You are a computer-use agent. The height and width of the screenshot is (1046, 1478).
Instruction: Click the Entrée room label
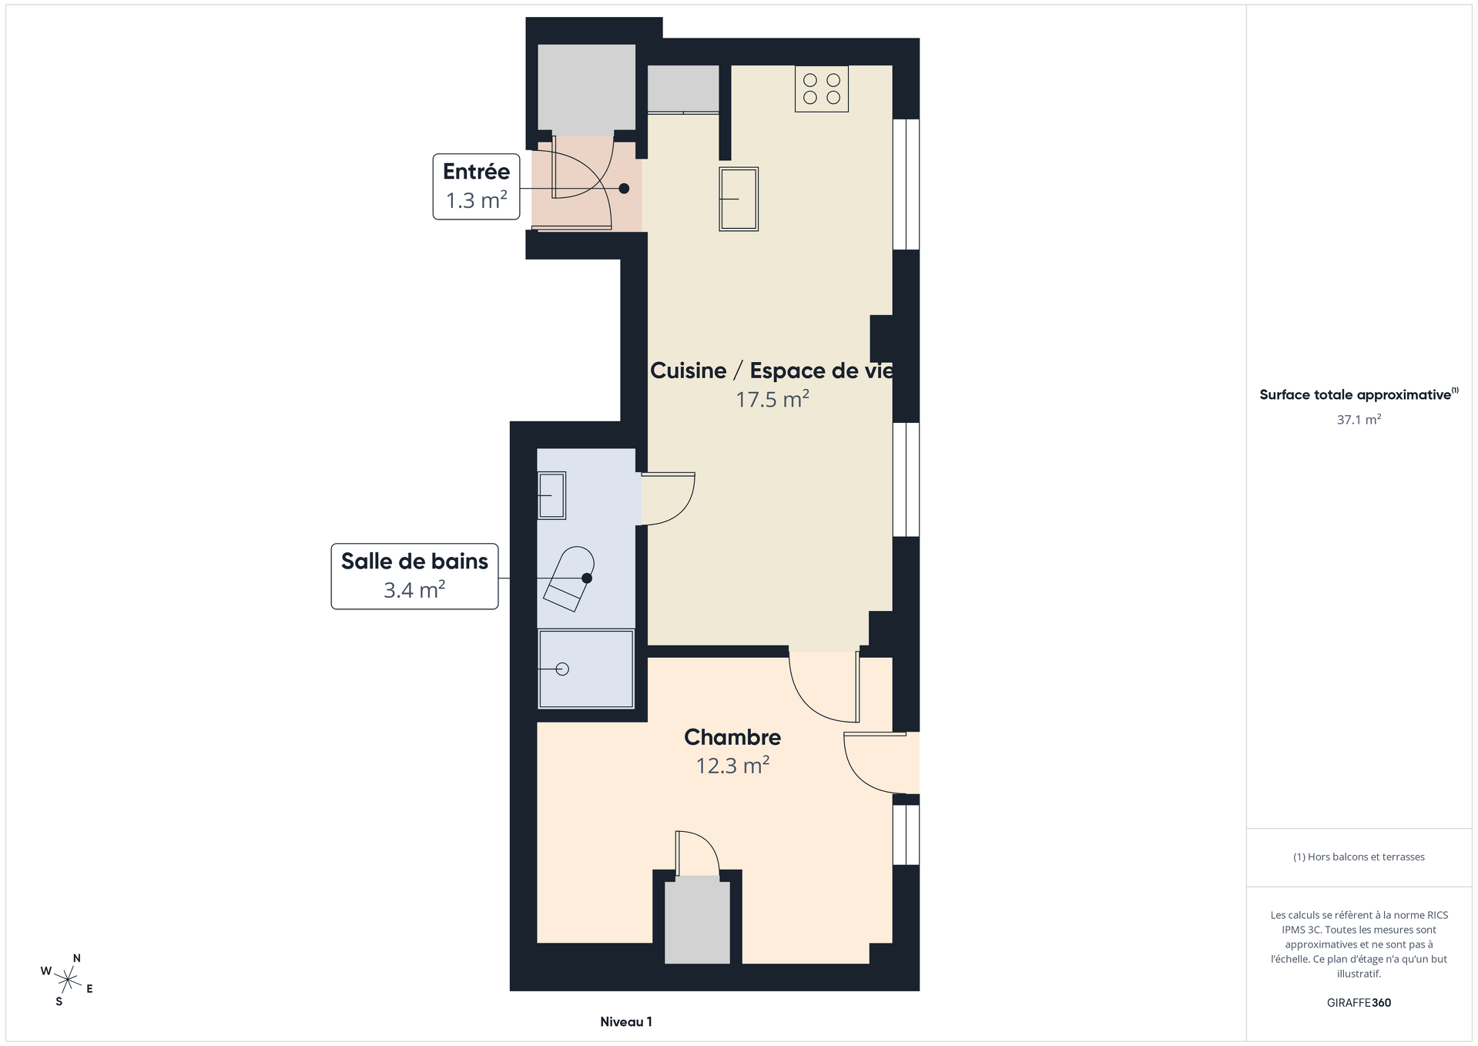tap(476, 171)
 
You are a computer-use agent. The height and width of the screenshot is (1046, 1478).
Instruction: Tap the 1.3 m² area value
tap(476, 200)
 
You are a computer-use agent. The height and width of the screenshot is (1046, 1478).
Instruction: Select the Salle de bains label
tap(414, 561)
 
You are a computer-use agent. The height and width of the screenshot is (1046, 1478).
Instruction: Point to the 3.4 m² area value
tap(414, 590)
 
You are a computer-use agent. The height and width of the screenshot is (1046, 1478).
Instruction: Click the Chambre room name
tap(732, 737)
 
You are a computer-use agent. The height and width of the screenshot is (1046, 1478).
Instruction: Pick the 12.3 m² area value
tap(732, 766)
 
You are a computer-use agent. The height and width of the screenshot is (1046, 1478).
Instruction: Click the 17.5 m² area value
tap(773, 399)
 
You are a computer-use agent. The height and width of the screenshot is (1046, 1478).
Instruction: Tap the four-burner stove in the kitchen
tap(822, 89)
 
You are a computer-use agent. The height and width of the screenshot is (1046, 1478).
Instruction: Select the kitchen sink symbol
tap(739, 199)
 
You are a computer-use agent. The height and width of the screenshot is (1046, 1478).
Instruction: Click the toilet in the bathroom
tap(570, 578)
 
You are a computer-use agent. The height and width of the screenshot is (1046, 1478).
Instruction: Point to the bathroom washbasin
tap(551, 495)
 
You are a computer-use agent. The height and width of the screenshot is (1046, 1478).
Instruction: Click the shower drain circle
tap(562, 669)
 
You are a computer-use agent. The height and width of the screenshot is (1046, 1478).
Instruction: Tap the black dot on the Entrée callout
tap(624, 189)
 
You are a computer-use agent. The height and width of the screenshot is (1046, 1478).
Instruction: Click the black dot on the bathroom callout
tap(587, 578)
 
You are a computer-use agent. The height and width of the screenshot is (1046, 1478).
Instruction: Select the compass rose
tap(68, 980)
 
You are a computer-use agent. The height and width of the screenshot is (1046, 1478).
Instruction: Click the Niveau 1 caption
tap(626, 1022)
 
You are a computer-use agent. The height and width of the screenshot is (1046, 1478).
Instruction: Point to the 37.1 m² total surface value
tap(1359, 420)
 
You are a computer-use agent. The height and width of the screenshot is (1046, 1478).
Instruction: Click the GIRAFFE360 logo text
tap(1359, 1003)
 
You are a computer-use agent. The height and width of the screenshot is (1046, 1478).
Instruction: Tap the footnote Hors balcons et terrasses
tap(1359, 857)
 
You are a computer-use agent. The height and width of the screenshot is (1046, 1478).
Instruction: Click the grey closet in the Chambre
tap(697, 922)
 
